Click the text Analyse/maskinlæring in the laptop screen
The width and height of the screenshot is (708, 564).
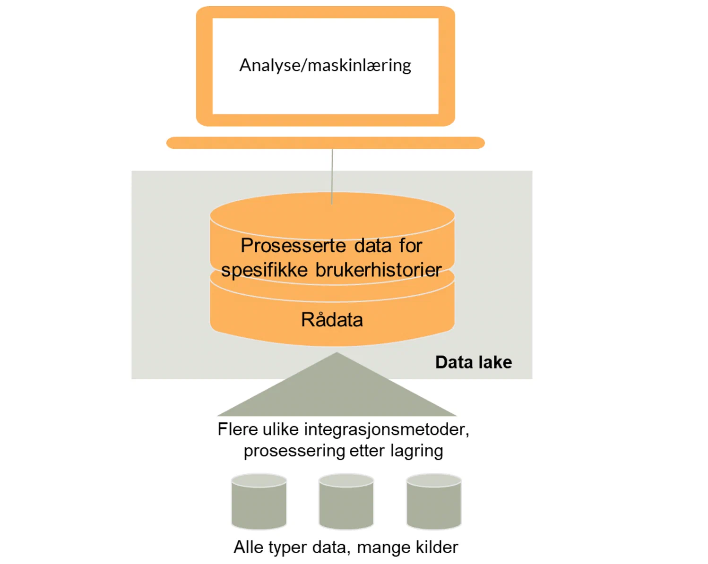tap(325, 65)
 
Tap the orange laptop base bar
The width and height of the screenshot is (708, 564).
tap(325, 143)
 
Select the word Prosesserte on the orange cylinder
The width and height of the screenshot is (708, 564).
tap(294, 246)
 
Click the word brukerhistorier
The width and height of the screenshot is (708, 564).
tap(378, 270)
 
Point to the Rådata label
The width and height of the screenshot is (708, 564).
tap(332, 320)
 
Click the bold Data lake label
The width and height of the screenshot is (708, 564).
tap(473, 362)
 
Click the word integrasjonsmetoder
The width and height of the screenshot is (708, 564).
tap(386, 429)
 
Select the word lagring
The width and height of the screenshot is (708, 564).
tap(416, 451)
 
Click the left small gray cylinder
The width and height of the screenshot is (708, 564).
tap(259, 502)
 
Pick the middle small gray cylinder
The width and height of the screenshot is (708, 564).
tap(346, 502)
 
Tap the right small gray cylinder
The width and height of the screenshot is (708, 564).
tap(434, 502)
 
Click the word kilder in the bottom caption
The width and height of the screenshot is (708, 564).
tap(437, 547)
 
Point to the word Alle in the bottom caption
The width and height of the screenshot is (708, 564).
tap(249, 547)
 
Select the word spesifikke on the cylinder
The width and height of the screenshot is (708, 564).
tap(264, 271)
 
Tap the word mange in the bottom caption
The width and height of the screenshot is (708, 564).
tap(383, 548)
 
